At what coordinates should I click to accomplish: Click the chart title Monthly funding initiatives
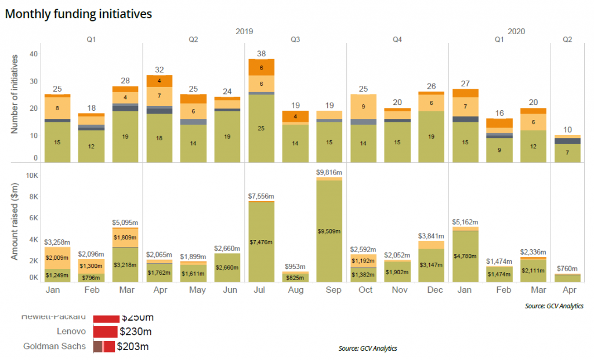pos(78,13)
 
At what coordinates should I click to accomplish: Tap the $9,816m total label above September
pos(329,172)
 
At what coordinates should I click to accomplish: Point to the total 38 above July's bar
pos(262,53)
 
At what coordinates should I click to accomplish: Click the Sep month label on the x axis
pos(329,289)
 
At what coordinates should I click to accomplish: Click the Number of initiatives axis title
pos(15,94)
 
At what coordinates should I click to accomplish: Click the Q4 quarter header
pos(397,40)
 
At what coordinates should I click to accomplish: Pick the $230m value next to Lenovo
pos(136,332)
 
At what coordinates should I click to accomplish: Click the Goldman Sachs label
pos(55,347)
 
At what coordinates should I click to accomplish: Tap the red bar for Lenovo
pos(105,332)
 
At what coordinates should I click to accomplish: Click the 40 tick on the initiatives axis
pos(34,54)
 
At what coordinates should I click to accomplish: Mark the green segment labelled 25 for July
pos(262,127)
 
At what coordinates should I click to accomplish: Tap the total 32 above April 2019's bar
pos(160,70)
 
